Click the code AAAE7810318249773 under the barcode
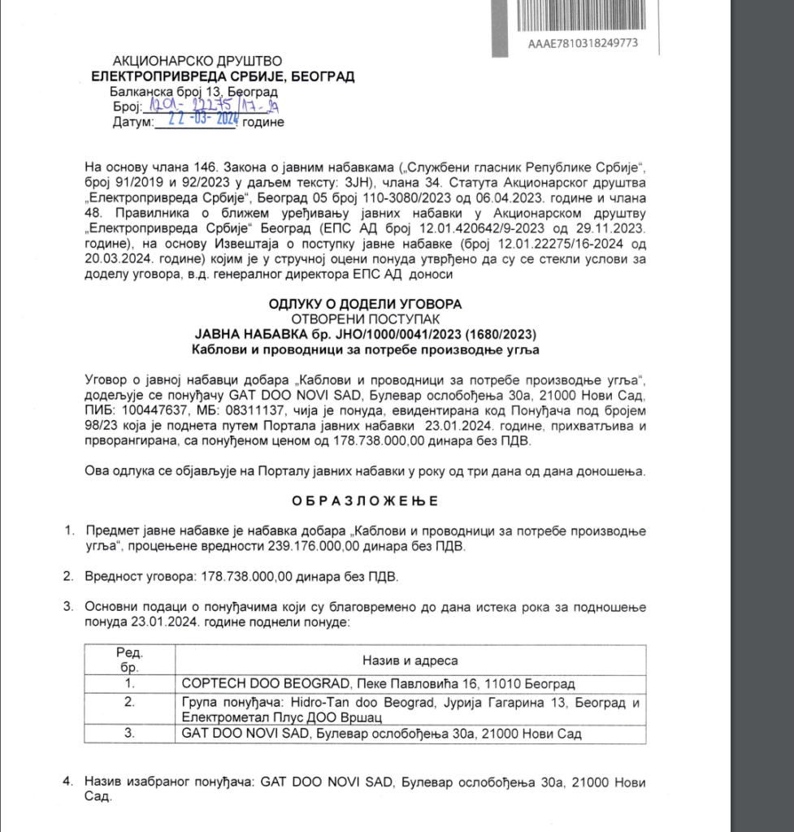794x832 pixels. [x=583, y=42]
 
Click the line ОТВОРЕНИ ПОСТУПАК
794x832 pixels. [x=365, y=319]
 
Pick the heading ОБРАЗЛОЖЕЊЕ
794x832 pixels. [x=365, y=500]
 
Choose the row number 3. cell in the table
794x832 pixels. [x=128, y=734]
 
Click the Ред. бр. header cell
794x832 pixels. [x=128, y=660]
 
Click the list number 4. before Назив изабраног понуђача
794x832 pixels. [x=68, y=782]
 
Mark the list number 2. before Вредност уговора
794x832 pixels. [x=68, y=576]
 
